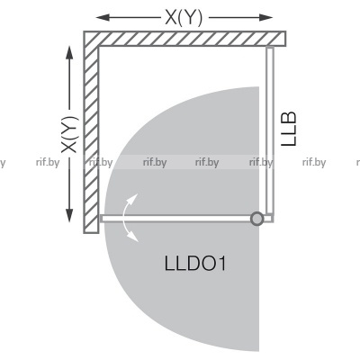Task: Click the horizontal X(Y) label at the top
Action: point(184,17)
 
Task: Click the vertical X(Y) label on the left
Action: point(70,134)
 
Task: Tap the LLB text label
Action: point(289,129)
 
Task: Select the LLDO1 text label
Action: point(195,264)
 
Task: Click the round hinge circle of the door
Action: point(256,219)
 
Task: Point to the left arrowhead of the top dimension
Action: point(103,17)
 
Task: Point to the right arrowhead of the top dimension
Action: point(265,17)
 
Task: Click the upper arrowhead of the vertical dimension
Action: point(69,53)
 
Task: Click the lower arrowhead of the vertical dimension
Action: point(69,215)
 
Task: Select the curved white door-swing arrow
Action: point(125,218)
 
